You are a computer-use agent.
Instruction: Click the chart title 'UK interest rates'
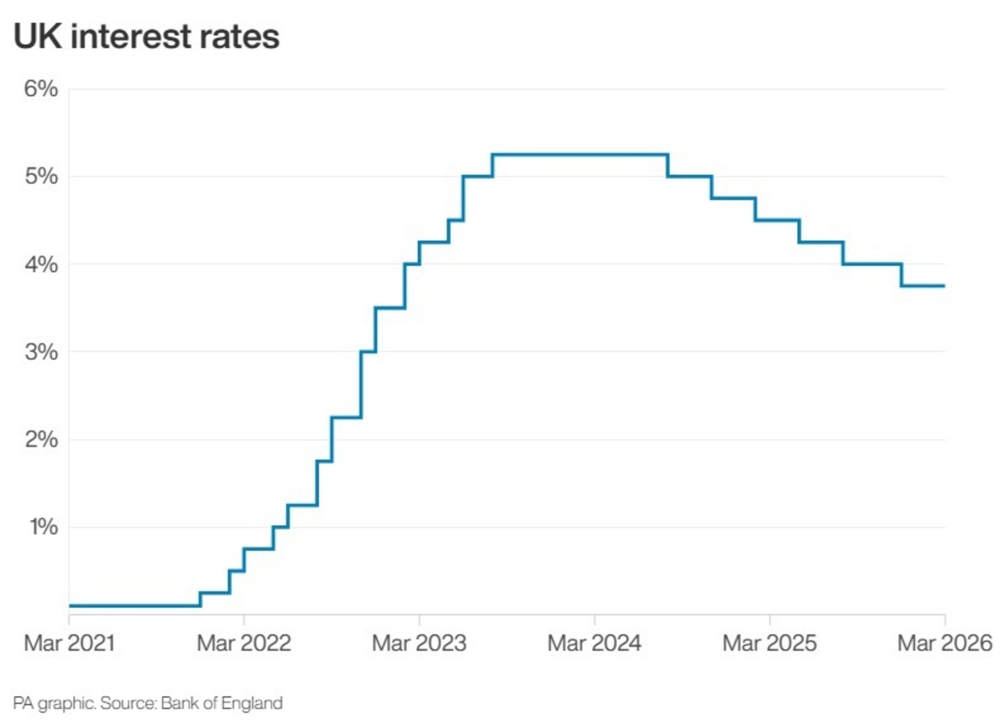[147, 36]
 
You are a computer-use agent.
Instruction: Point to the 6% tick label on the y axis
[41, 89]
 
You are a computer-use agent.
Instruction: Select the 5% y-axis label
[41, 176]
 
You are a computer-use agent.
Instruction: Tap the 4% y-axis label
[41, 265]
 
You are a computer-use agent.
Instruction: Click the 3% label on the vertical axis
[41, 352]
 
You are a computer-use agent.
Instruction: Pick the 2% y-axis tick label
[41, 439]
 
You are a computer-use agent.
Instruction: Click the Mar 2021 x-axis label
[69, 643]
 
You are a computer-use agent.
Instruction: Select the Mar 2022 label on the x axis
[244, 643]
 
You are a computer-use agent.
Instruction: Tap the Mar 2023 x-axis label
[419, 643]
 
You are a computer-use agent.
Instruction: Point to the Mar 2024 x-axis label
[594, 643]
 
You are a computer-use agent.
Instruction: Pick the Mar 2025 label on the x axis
[769, 643]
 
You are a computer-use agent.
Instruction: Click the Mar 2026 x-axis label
[944, 643]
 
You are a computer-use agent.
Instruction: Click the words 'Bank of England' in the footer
[221, 703]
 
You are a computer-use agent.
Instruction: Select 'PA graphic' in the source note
[54, 703]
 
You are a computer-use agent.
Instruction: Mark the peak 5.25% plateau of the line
[579, 154]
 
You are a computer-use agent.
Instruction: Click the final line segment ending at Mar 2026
[923, 285]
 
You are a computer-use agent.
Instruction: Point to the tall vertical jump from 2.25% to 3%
[361, 384]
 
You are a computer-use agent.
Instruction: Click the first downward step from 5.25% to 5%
[668, 165]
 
